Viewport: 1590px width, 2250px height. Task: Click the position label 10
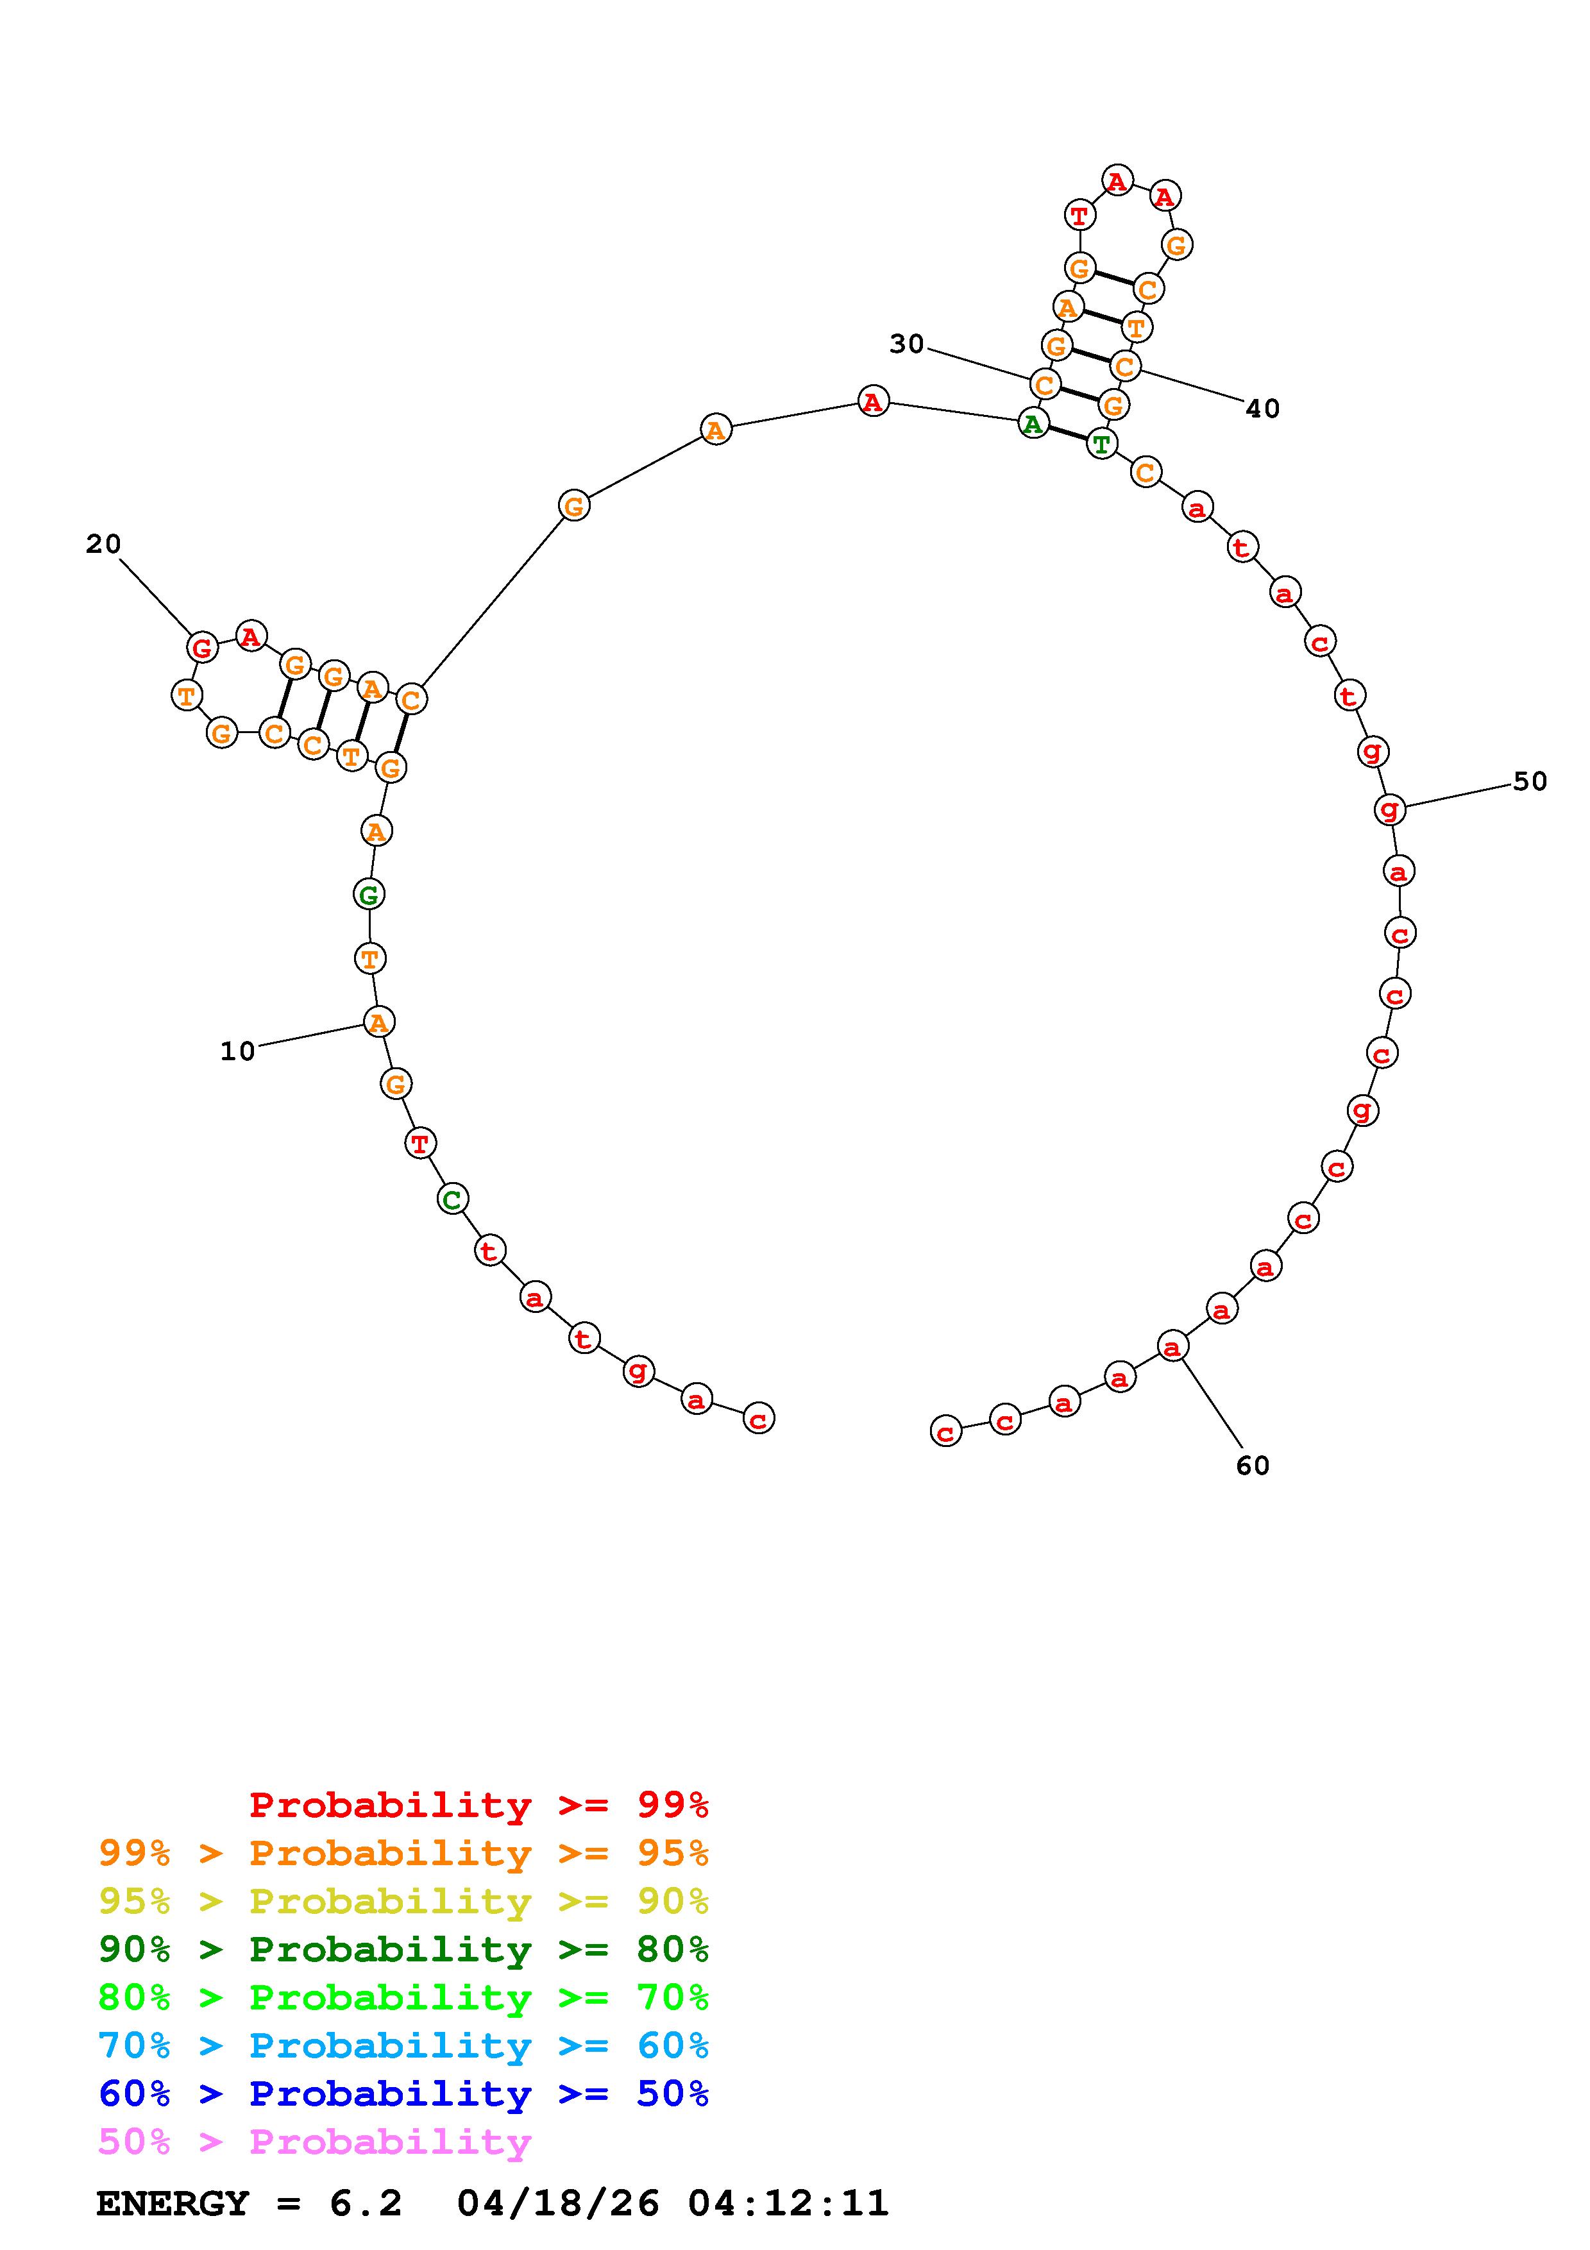coord(237,1051)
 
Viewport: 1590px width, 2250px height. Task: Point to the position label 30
coord(906,344)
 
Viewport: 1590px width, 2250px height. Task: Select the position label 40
coord(1263,409)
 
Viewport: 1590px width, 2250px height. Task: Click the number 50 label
coord(1530,781)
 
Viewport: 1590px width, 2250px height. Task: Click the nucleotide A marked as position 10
coord(378,1022)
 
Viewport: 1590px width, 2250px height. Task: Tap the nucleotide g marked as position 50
coord(1390,808)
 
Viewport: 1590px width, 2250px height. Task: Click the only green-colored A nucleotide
coord(1033,423)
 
